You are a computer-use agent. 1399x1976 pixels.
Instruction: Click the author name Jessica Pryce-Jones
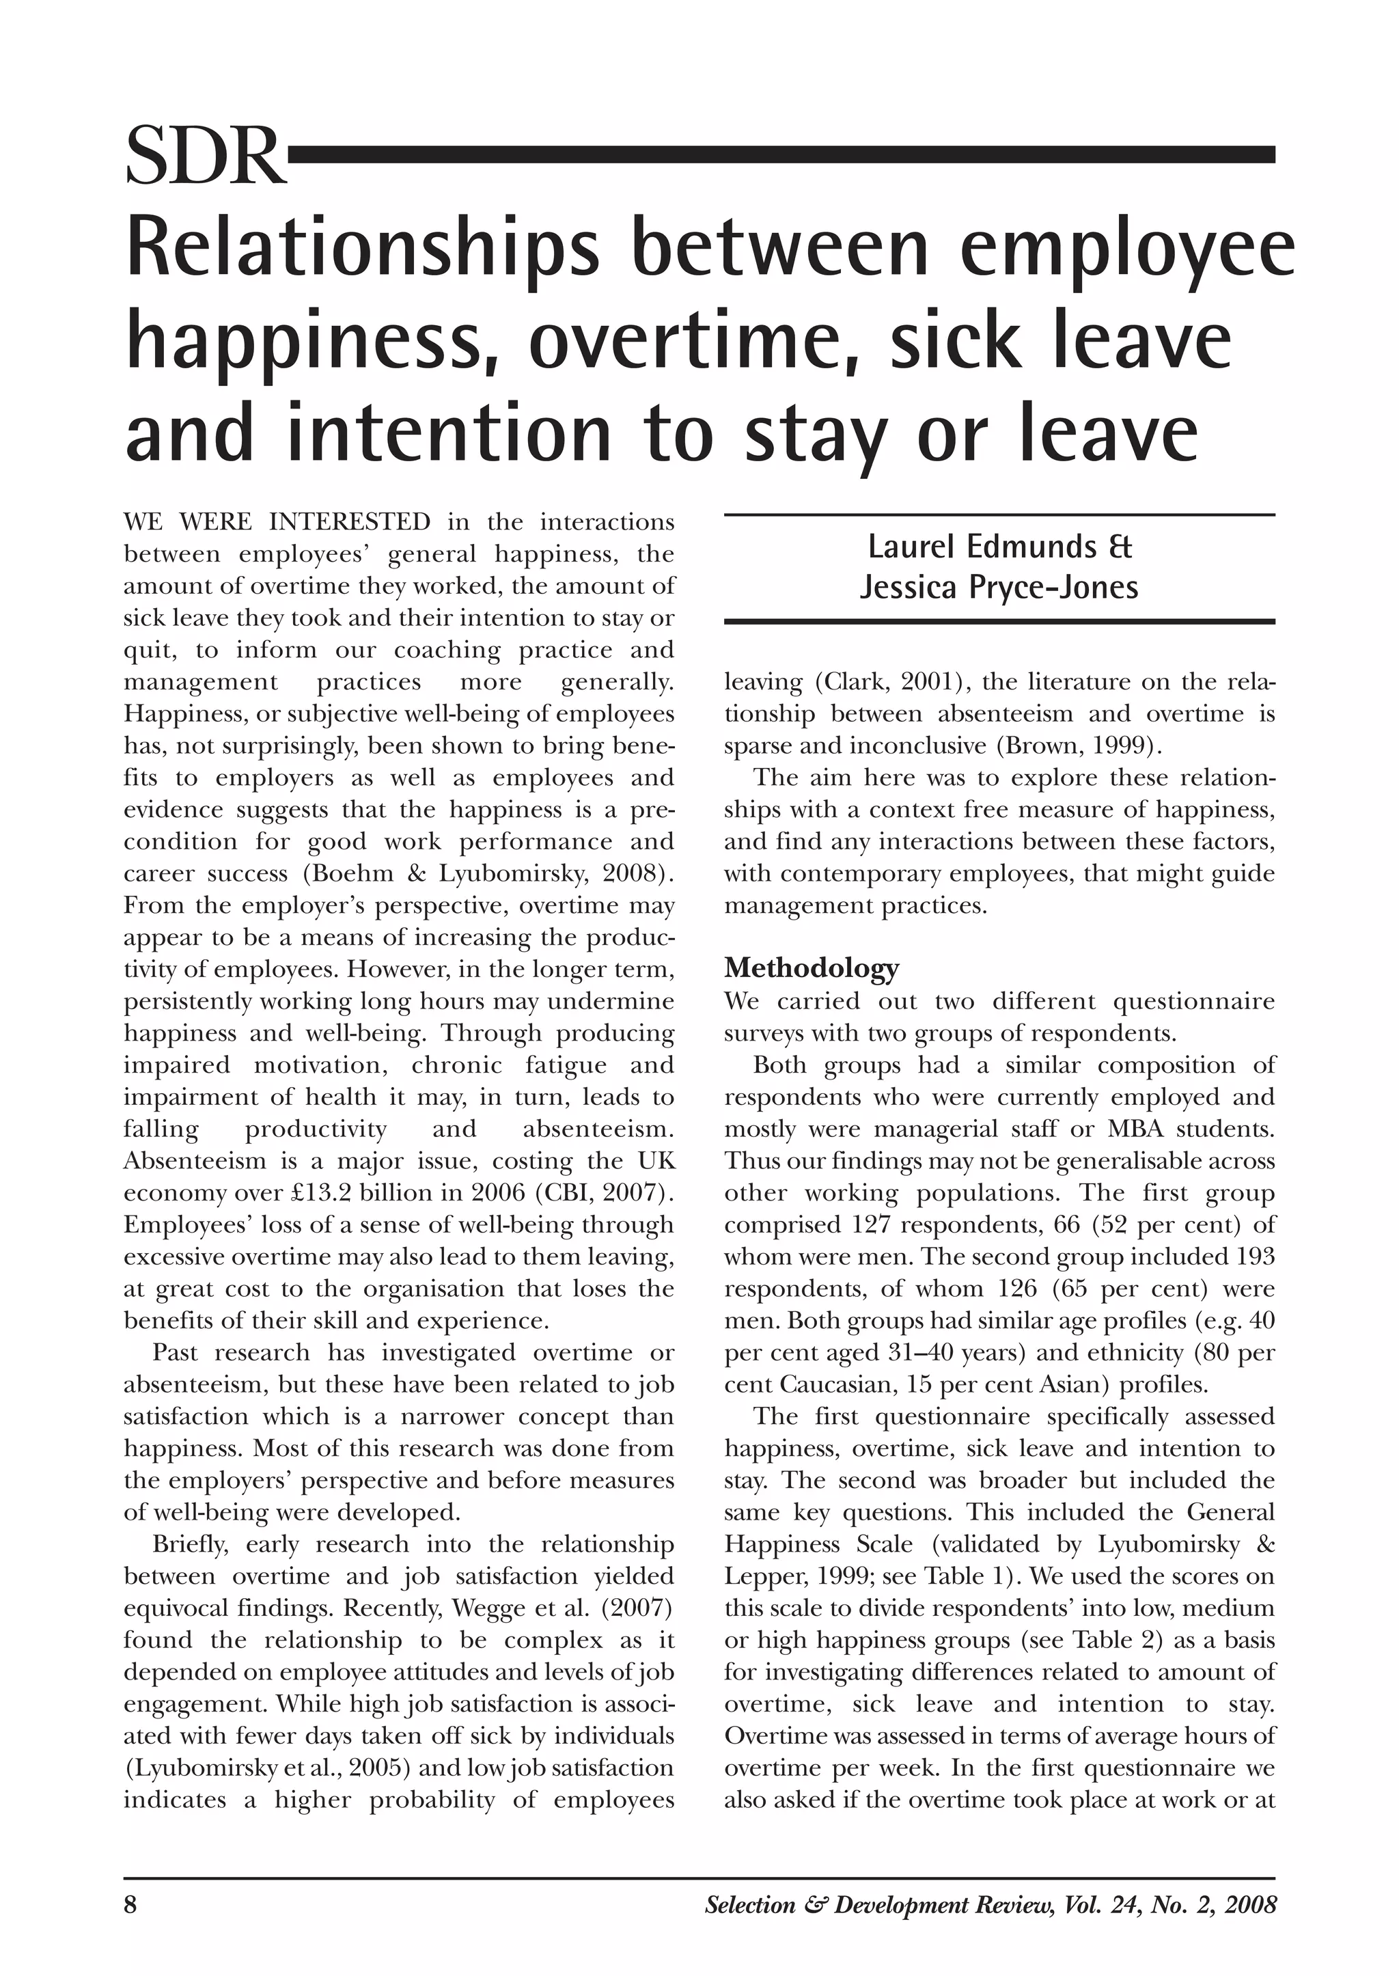pos(999,587)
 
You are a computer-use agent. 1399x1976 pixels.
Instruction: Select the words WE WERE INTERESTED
pos(277,522)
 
